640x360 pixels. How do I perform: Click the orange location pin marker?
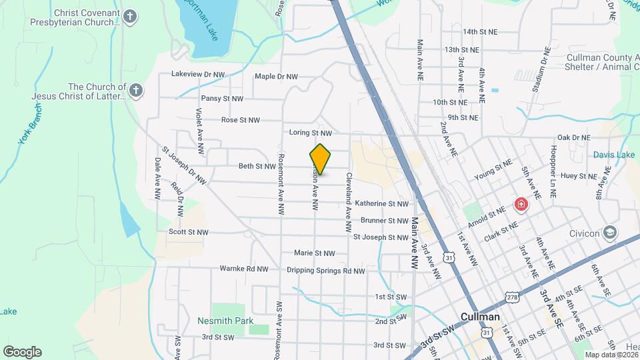tap(320, 159)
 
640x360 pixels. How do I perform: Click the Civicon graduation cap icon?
tap(609, 233)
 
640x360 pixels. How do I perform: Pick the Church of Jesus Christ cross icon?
tap(136, 91)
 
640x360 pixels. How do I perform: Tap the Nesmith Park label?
tap(225, 321)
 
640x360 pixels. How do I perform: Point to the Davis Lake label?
tap(614, 155)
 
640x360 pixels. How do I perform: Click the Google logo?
tap(22, 352)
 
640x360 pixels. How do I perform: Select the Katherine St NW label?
tap(381, 203)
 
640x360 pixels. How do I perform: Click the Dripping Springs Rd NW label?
tap(326, 271)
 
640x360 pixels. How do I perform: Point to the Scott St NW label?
tap(188, 232)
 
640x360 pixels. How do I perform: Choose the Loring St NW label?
tap(310, 133)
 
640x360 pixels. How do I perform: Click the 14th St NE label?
tap(481, 31)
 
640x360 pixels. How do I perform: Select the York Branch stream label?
tap(26, 128)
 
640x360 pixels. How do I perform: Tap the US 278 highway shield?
tap(512, 297)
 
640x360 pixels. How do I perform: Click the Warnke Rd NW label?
tap(243, 269)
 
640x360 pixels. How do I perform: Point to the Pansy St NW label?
tap(222, 98)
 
